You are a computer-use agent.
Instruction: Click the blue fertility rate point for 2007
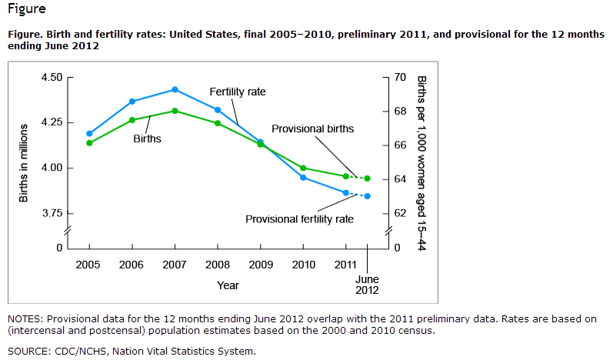pos(175,90)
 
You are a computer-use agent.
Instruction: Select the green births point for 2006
pos(132,120)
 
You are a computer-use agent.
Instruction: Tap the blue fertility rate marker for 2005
pos(89,134)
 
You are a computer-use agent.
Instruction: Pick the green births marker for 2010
pos(303,168)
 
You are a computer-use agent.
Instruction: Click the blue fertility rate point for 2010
pos(303,178)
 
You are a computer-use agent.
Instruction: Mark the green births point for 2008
pos(218,123)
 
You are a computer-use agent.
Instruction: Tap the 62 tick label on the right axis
pos(399,213)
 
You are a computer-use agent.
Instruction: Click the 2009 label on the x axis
pos(261,265)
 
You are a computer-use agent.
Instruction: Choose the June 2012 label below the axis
pos(367,285)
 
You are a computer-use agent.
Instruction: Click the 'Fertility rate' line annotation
pos(238,92)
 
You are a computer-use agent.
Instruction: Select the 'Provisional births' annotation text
pos(312,128)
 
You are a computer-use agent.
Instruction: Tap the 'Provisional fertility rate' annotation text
pos(299,219)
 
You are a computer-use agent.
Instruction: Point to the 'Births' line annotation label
pos(147,139)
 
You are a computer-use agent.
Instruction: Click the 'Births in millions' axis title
pos(24,162)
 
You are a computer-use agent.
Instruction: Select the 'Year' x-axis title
pos(228,285)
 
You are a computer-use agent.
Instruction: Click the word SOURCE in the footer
pos(28,352)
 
